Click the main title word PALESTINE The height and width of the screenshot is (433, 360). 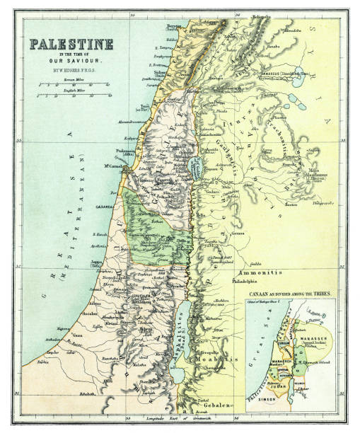pyautogui.click(x=71, y=44)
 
